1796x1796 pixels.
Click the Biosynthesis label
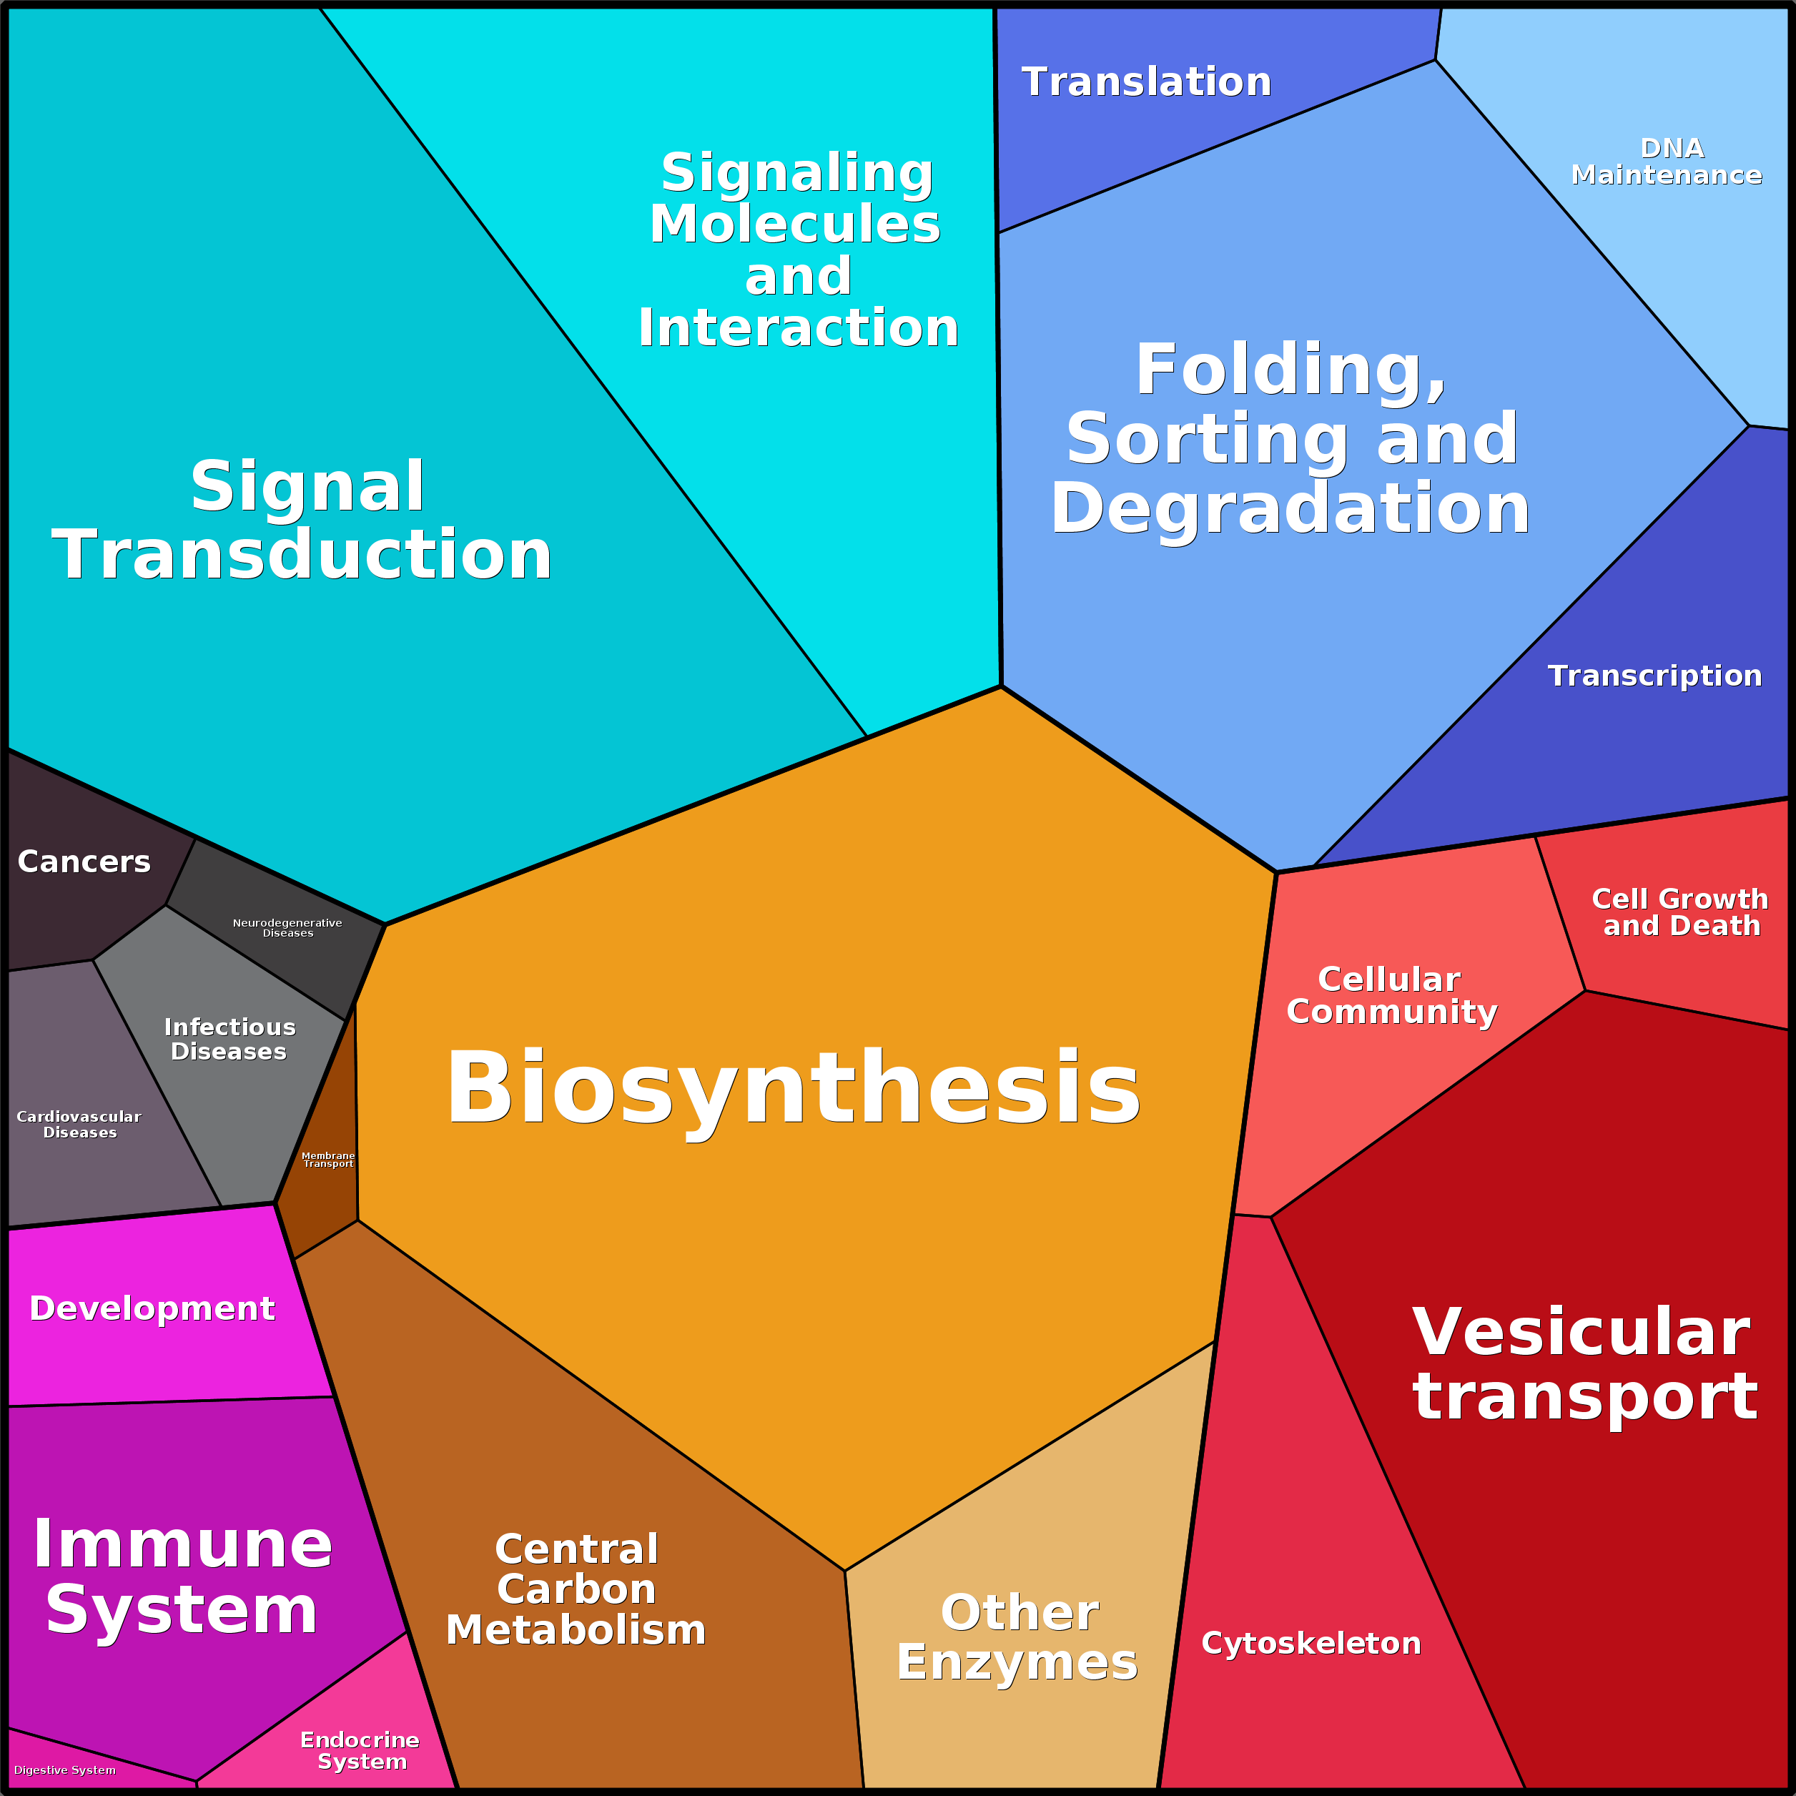(793, 1087)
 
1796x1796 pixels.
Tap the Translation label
(1146, 82)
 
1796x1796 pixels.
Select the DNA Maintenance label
(1667, 162)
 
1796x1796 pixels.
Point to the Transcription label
(1654, 676)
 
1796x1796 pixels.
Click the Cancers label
(84, 862)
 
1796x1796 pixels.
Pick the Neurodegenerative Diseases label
(287, 928)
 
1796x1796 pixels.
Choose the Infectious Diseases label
(230, 1040)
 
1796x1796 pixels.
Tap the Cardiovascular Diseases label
(79, 1124)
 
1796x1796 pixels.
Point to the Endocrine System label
(360, 1750)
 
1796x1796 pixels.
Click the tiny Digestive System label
(65, 1770)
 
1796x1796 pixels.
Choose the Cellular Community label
(1391, 996)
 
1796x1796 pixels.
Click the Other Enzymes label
(1018, 1637)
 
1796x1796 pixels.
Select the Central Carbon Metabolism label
(576, 1589)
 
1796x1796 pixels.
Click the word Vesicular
(1580, 1331)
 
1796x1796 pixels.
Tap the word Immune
(182, 1544)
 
